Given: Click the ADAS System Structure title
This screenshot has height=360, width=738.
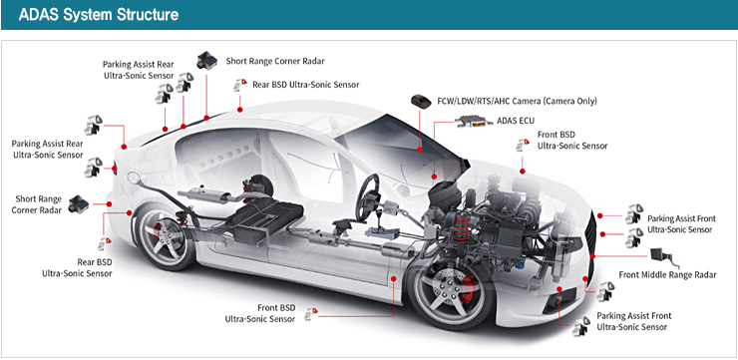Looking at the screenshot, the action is tap(99, 15).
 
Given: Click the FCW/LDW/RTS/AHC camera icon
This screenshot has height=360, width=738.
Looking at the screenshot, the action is tap(421, 101).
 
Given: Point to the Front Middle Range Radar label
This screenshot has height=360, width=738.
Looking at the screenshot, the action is tap(667, 274).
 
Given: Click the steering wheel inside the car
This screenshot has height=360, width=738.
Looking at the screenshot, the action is tap(368, 197).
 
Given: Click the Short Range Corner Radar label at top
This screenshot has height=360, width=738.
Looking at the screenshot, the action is tap(275, 61).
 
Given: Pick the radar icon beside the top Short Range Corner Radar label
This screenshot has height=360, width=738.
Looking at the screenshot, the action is tap(206, 61).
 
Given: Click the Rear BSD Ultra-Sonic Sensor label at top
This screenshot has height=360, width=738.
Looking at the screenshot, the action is tap(306, 85).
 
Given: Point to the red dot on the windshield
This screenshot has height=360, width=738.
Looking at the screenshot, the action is tap(419, 150).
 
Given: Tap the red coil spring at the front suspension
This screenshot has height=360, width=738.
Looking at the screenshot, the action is tap(462, 226).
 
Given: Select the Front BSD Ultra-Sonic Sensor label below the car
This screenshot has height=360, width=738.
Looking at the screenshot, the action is tap(260, 313).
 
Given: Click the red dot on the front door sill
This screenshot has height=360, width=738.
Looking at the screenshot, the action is tap(394, 278).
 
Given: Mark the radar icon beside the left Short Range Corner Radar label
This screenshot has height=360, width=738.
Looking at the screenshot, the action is tap(78, 204).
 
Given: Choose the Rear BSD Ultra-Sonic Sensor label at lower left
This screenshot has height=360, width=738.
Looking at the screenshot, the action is tap(77, 268).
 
